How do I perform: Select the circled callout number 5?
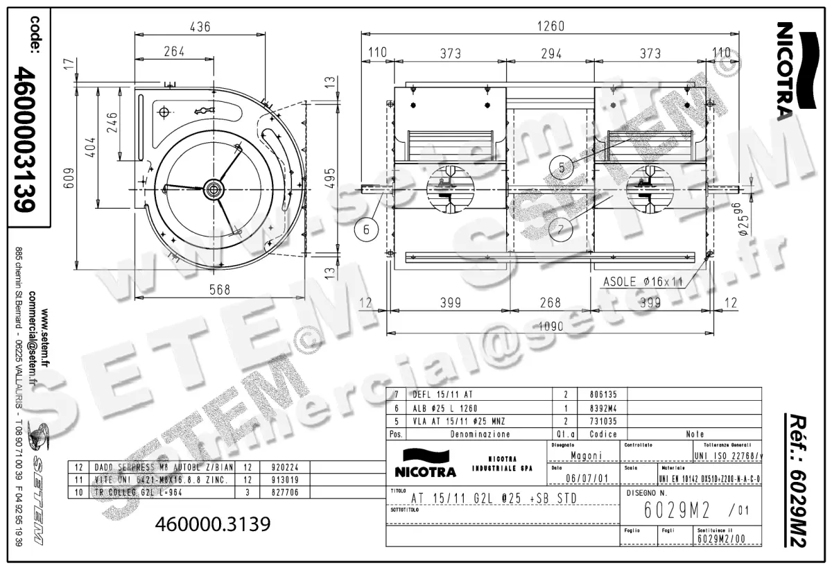click(562, 166)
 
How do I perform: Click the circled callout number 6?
click(368, 229)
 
